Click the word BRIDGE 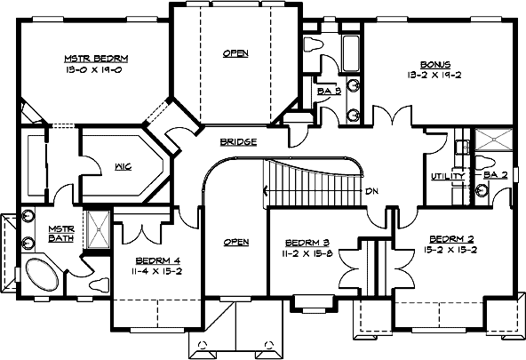238,142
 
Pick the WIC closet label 124,165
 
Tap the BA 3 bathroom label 328,90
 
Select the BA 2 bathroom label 495,176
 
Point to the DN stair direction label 372,191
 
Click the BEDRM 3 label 308,242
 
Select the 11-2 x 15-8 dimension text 308,254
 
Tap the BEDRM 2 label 452,239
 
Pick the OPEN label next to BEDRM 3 235,242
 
